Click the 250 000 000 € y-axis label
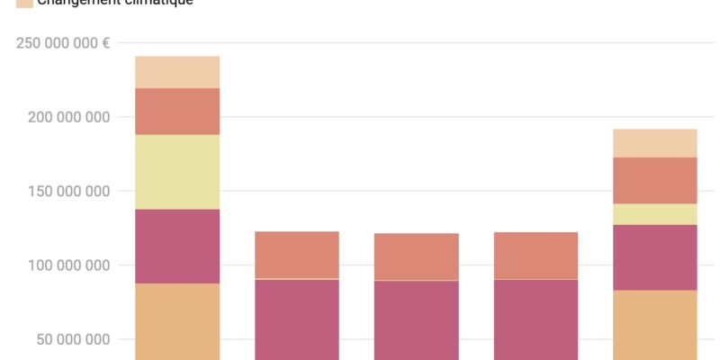click(63, 43)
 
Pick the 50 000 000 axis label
click(67, 340)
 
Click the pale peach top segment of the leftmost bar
click(177, 72)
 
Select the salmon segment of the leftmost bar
click(177, 112)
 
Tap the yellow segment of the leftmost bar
click(177, 172)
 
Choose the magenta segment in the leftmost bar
click(177, 247)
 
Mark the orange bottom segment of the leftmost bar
click(177, 321)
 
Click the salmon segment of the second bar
click(297, 255)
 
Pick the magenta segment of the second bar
click(297, 319)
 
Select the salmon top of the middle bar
click(417, 256)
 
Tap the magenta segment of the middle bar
click(417, 320)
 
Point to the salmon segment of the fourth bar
click(535, 256)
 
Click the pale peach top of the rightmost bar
click(655, 143)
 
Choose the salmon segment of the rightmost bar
click(655, 180)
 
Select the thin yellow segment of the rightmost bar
click(655, 214)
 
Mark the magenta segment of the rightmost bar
click(655, 257)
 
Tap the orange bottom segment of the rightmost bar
click(655, 325)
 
